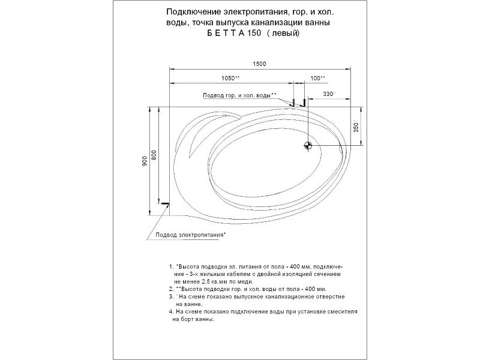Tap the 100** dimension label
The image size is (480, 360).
pos(317,79)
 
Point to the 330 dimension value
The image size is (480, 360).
pos(329,94)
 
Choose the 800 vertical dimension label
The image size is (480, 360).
pos(154,154)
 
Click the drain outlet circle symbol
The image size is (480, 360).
pos(308,145)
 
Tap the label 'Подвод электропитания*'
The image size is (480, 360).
pos(190,235)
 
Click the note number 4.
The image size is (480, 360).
pos(172,312)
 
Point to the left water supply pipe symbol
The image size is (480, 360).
pos(293,101)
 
